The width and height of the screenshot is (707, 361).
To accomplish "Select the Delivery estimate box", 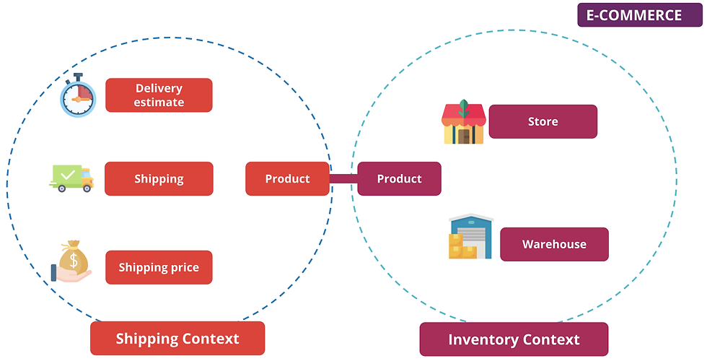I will coord(159,95).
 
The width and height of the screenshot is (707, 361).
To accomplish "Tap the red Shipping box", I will coord(159,179).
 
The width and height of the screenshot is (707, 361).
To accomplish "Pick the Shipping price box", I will coord(159,268).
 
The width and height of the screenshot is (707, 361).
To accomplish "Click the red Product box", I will coord(287,179).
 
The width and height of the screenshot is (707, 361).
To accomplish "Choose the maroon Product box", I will coord(399,179).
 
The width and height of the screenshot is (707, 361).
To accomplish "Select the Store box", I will coord(543,121).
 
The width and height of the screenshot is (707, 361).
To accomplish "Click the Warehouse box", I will coord(554,244).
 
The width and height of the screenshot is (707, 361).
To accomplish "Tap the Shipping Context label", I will coord(177,338).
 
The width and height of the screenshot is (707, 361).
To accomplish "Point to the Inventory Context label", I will coord(514,339).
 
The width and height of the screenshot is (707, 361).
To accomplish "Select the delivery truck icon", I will coord(71,178).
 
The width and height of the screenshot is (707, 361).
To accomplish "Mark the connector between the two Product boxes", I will coord(343,179).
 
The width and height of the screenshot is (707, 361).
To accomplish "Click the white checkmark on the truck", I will coord(67,174).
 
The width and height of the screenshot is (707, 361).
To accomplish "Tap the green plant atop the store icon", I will coord(463,106).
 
